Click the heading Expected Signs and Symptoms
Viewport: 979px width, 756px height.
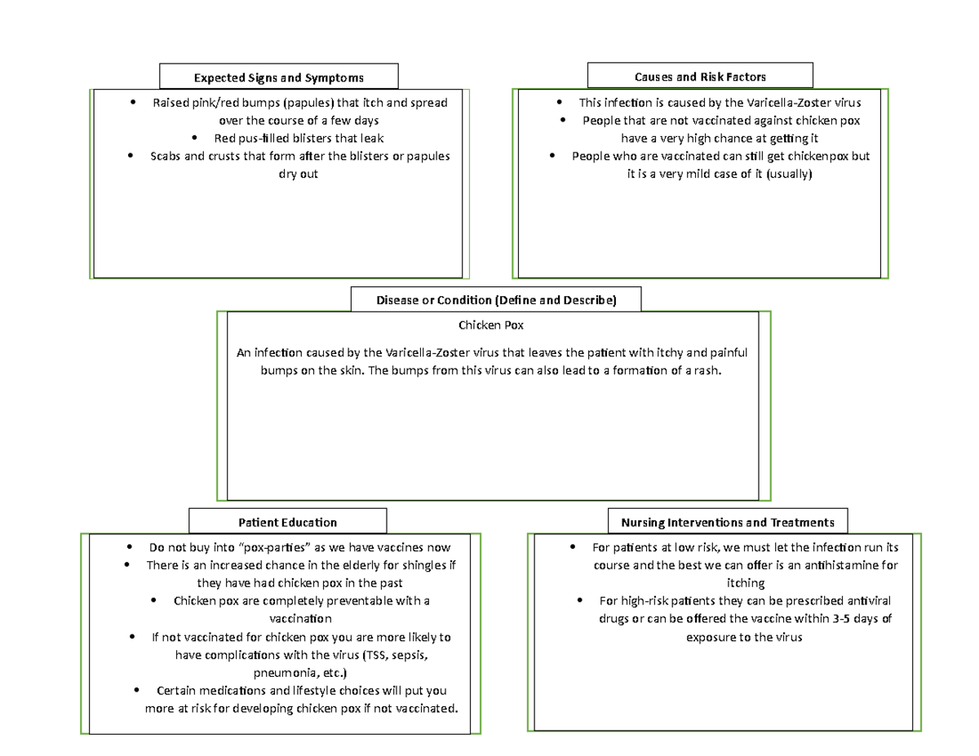pyautogui.click(x=278, y=77)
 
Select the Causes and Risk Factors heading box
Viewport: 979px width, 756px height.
pyautogui.click(x=700, y=77)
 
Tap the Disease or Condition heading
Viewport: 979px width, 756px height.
pyautogui.click(x=495, y=300)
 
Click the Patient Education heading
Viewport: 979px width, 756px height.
pyautogui.click(x=287, y=522)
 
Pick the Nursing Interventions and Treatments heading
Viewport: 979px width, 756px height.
pyautogui.click(x=728, y=522)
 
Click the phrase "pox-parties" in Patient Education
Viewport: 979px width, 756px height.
pyautogui.click(x=272, y=547)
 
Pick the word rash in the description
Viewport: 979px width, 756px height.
pyautogui.click(x=710, y=370)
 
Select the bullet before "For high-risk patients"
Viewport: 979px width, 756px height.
pyautogui.click(x=579, y=600)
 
